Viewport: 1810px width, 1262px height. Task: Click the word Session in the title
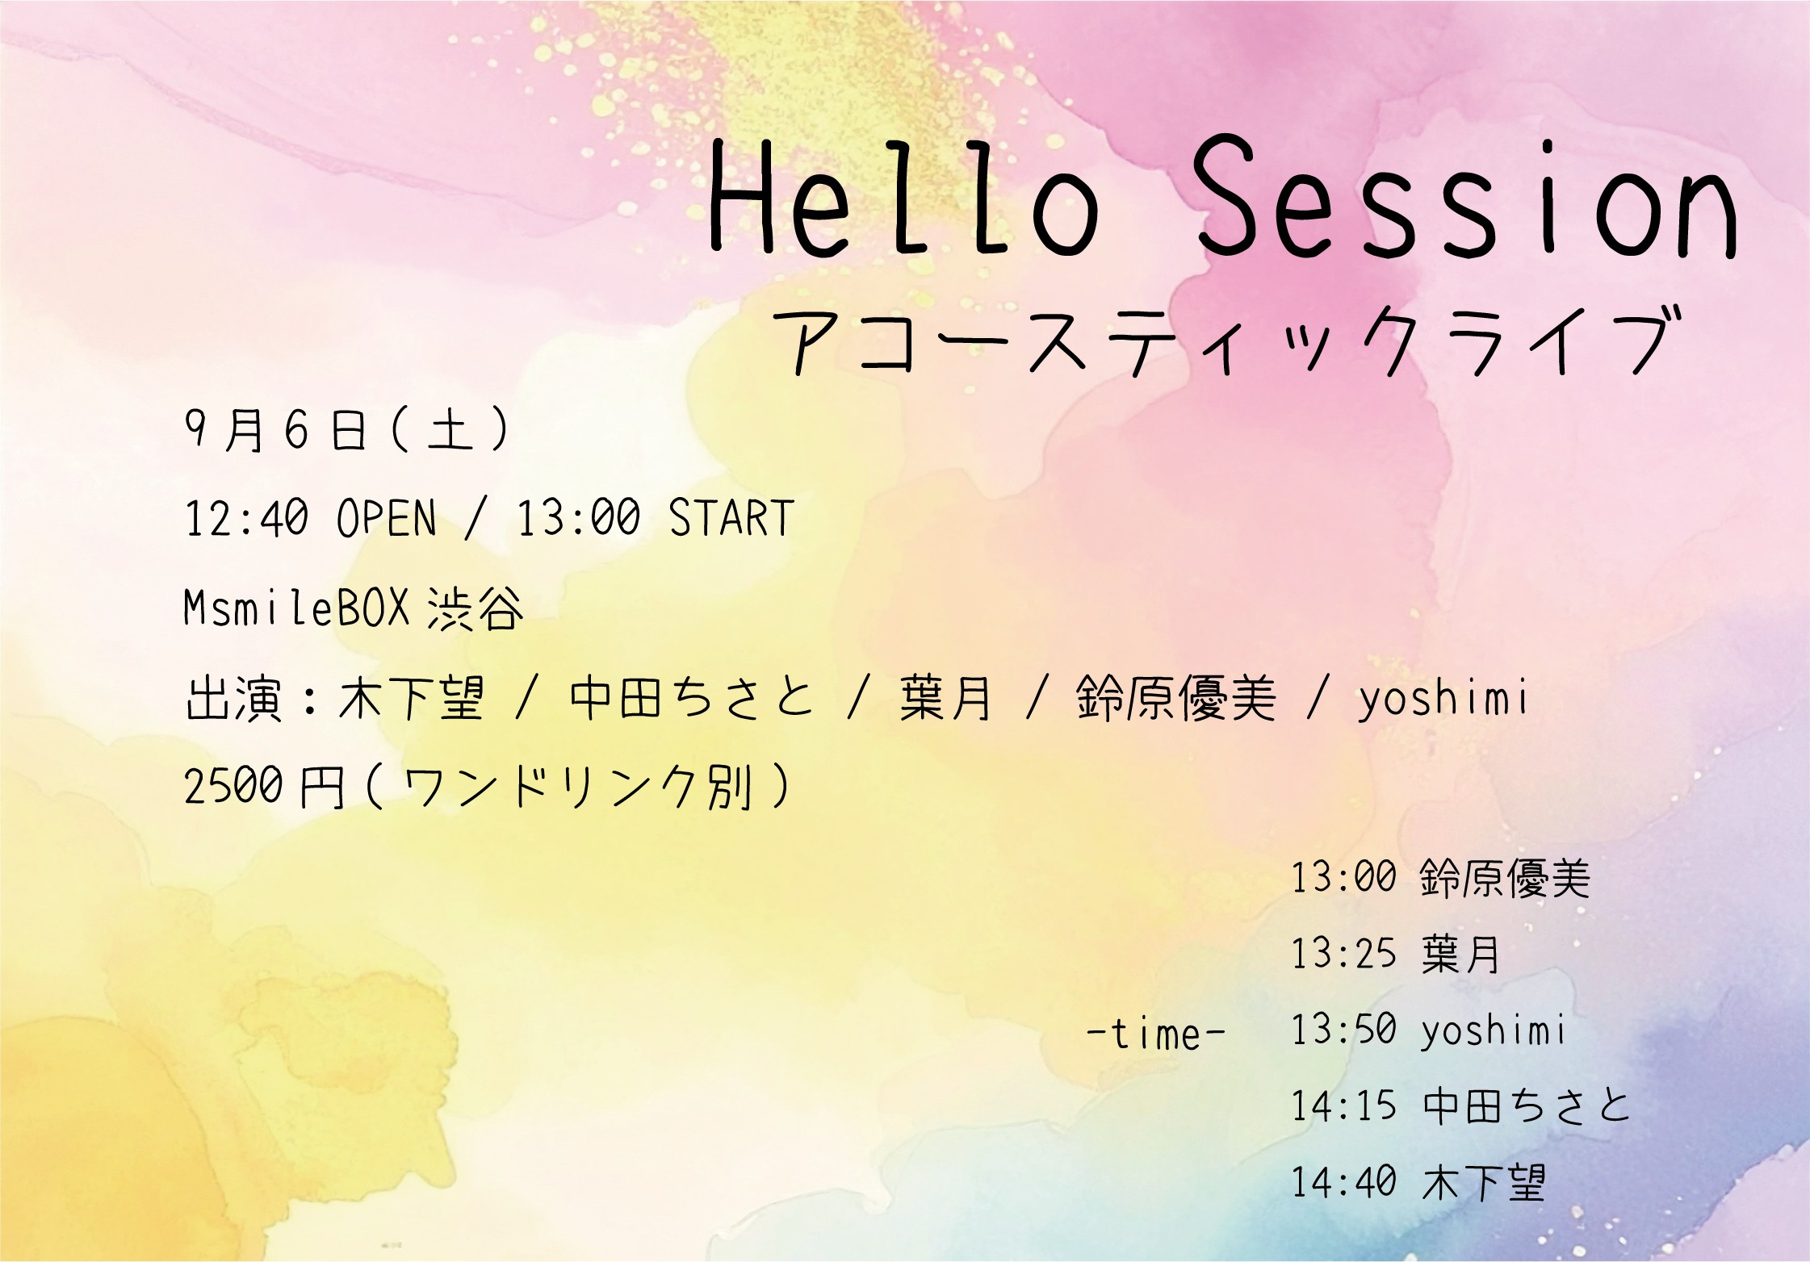pyautogui.click(x=1464, y=198)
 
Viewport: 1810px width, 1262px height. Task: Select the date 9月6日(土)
pyautogui.click(x=347, y=429)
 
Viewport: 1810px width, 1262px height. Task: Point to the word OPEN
pyautogui.click(x=387, y=518)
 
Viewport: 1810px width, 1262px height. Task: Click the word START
pyautogui.click(x=731, y=518)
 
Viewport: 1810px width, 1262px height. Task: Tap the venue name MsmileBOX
pyautogui.click(x=297, y=607)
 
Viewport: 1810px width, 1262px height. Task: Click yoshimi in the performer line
pyautogui.click(x=1443, y=699)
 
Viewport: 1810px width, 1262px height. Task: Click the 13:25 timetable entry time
pyautogui.click(x=1344, y=953)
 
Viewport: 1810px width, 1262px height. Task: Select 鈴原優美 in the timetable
pyautogui.click(x=1505, y=878)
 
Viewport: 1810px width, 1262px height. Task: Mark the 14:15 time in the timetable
pyautogui.click(x=1344, y=1106)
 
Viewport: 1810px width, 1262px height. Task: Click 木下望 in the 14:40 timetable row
pyautogui.click(x=1484, y=1183)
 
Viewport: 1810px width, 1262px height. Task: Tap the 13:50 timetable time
pyautogui.click(x=1344, y=1030)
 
